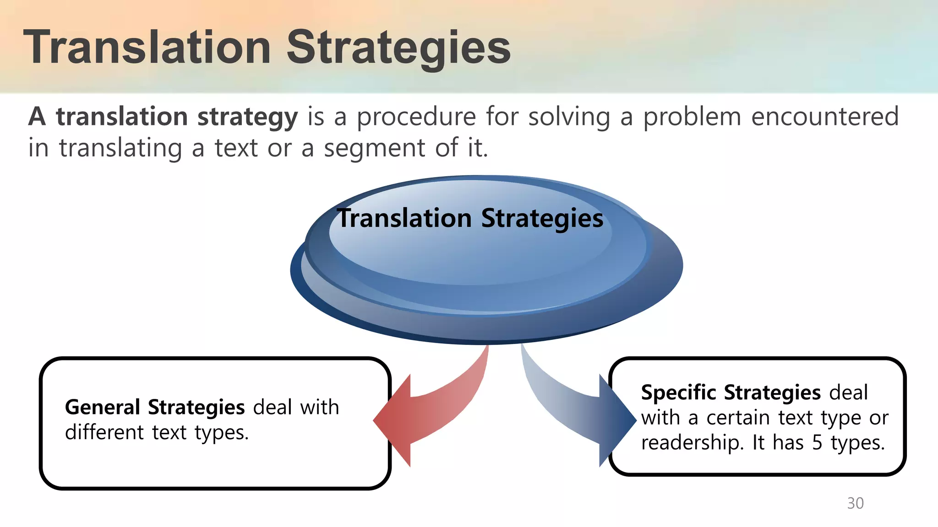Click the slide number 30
855,503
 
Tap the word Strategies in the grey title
398,48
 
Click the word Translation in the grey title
147,48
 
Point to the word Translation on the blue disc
404,218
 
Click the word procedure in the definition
416,117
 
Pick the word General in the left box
102,407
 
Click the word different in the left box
104,432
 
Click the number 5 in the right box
817,443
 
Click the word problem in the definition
692,117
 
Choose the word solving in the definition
569,117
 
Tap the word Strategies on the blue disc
542,219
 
